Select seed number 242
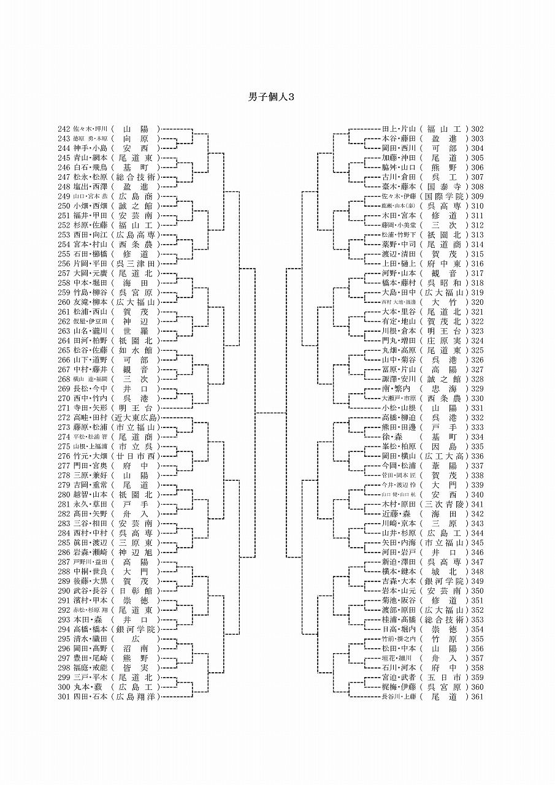click(64, 129)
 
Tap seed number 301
click(64, 697)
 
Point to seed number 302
click(478, 129)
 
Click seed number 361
click(478, 697)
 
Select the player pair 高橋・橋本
click(90, 629)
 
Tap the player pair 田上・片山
click(399, 129)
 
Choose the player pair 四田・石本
click(90, 697)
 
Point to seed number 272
click(64, 418)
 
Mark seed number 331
click(478, 408)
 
